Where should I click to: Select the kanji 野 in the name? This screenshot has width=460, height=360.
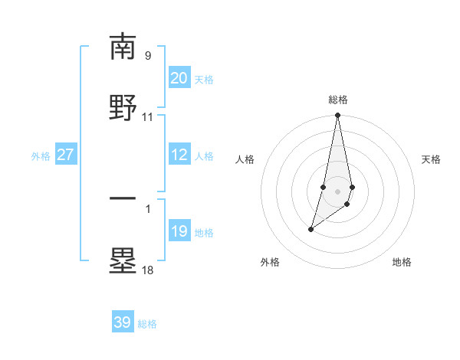tap(123, 107)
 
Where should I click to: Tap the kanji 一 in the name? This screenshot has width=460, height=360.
tap(123, 198)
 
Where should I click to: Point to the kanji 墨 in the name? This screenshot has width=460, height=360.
tap(123, 260)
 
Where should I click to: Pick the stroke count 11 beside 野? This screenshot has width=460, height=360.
tap(147, 117)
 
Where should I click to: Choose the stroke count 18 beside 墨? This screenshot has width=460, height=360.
tap(147, 270)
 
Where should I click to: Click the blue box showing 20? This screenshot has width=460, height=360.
tap(179, 78)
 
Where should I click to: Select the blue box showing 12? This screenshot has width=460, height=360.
tap(179, 155)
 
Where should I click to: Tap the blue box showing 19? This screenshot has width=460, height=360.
tap(179, 231)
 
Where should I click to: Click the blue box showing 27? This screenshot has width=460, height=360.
tap(66, 155)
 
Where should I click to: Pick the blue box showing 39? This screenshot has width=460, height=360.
tap(123, 322)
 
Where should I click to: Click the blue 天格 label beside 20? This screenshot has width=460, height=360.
tap(204, 80)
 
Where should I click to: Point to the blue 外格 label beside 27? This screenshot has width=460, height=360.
tap(41, 156)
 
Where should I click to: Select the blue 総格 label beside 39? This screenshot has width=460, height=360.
tap(147, 324)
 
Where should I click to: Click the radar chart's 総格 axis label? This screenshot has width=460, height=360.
tap(337, 100)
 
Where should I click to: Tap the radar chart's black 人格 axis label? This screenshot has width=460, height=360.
tap(245, 159)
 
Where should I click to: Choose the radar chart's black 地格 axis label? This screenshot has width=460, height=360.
tap(402, 262)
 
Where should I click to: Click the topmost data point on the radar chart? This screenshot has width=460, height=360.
tap(337, 116)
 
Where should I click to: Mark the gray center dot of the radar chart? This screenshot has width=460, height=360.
tap(337, 191)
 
